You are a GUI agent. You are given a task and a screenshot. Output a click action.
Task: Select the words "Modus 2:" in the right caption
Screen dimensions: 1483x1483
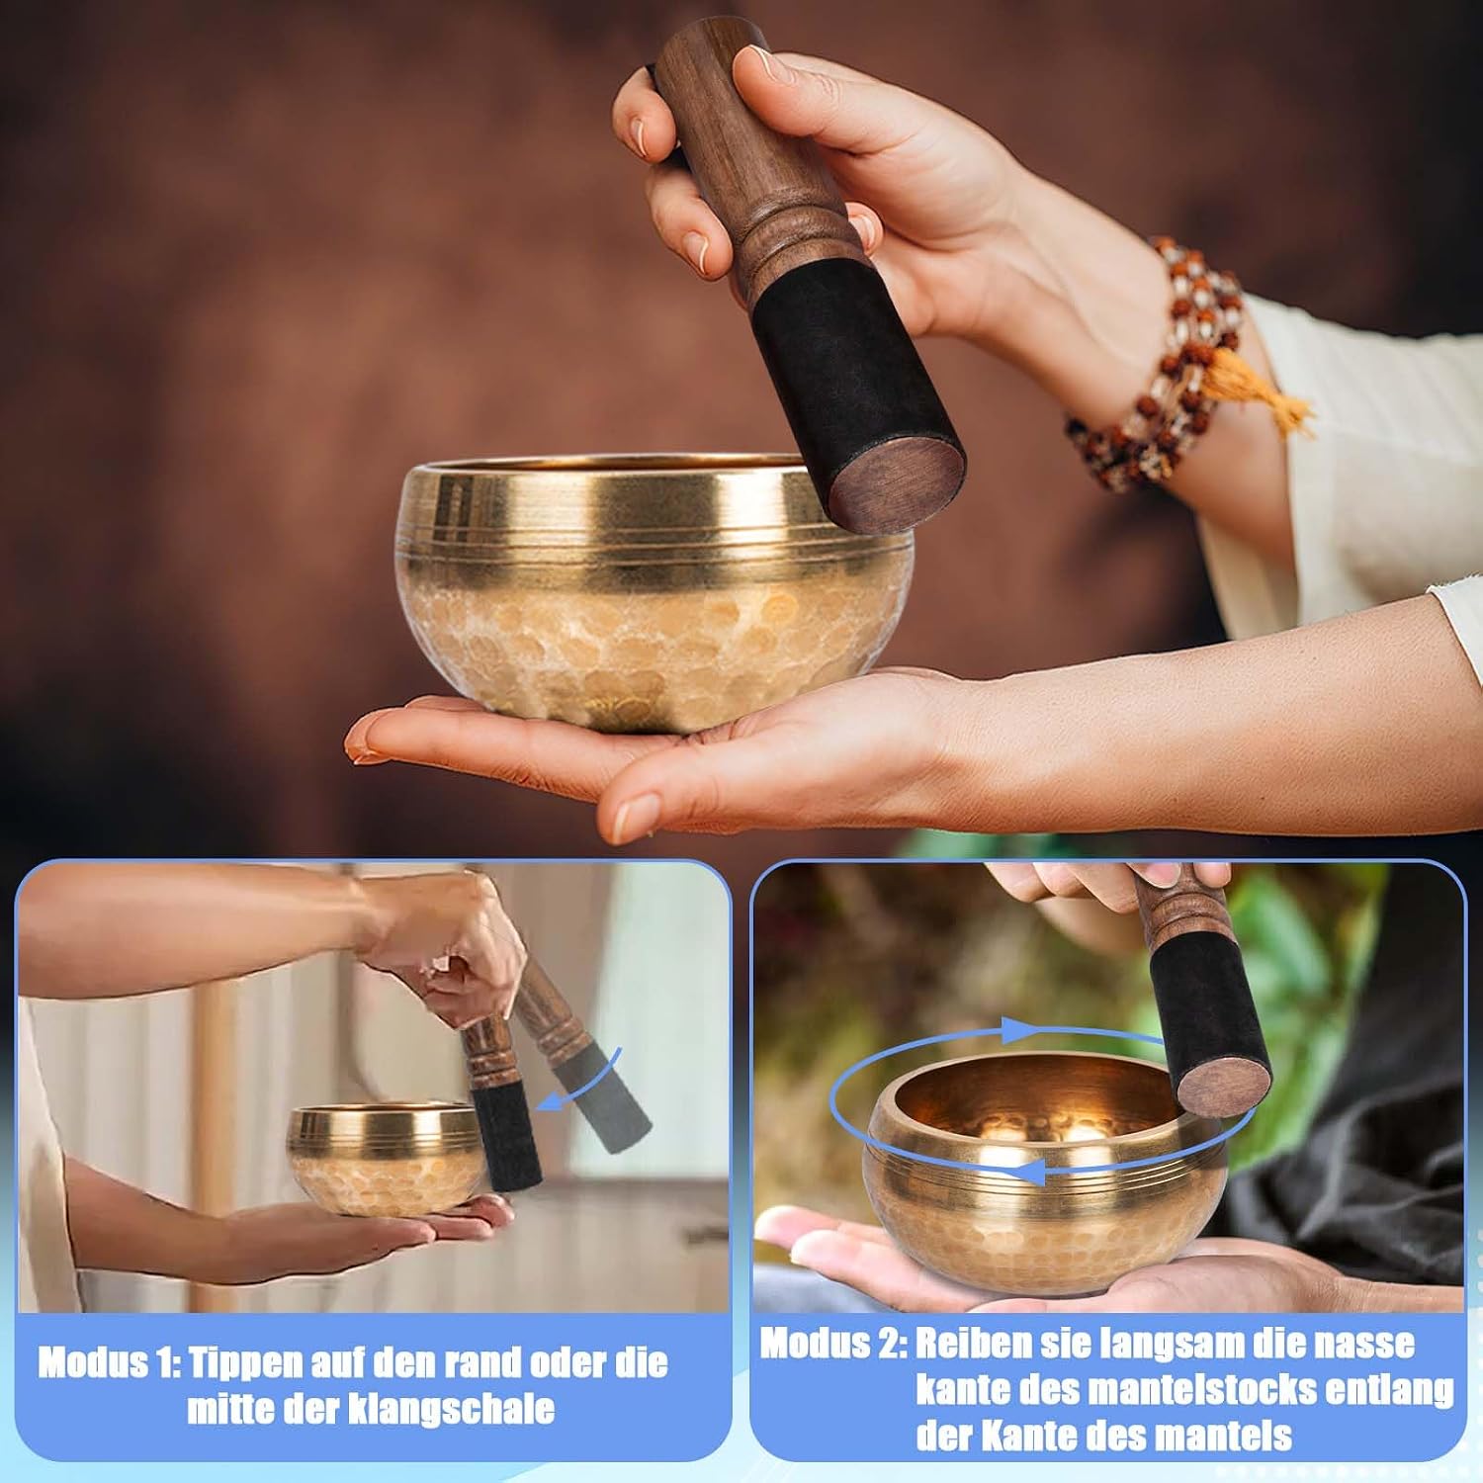pos(831,1345)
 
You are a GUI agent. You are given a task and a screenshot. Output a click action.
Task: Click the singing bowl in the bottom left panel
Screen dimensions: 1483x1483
pos(387,1158)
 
